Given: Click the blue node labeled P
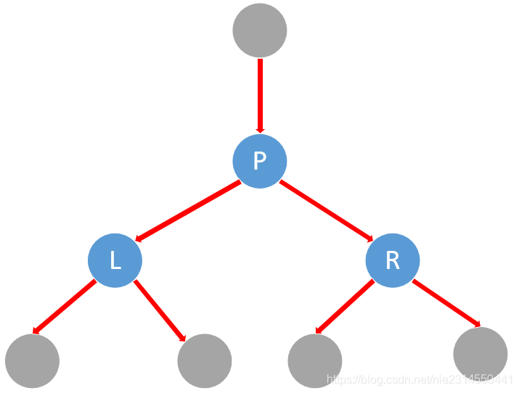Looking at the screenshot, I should [x=260, y=160].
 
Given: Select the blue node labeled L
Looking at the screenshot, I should [x=115, y=260].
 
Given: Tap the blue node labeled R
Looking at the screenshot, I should [x=393, y=260].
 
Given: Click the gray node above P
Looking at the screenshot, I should [x=260, y=30].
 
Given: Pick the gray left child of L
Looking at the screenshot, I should [x=32, y=360].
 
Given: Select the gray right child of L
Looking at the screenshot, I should [x=204, y=360].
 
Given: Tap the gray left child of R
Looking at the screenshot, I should [x=315, y=361].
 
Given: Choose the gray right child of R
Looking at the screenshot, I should [x=480, y=354].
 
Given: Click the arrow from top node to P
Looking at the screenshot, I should [x=260, y=94].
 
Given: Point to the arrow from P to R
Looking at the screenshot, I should [x=325, y=210].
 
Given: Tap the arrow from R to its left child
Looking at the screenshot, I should [x=345, y=307].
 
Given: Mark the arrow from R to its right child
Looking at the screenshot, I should [x=446, y=304].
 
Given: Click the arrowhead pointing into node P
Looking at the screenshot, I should [x=260, y=129].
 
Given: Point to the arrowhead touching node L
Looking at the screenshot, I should [x=141, y=237].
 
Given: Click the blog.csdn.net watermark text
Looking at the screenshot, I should [x=421, y=379].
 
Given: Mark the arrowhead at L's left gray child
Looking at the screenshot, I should [x=36, y=331].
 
